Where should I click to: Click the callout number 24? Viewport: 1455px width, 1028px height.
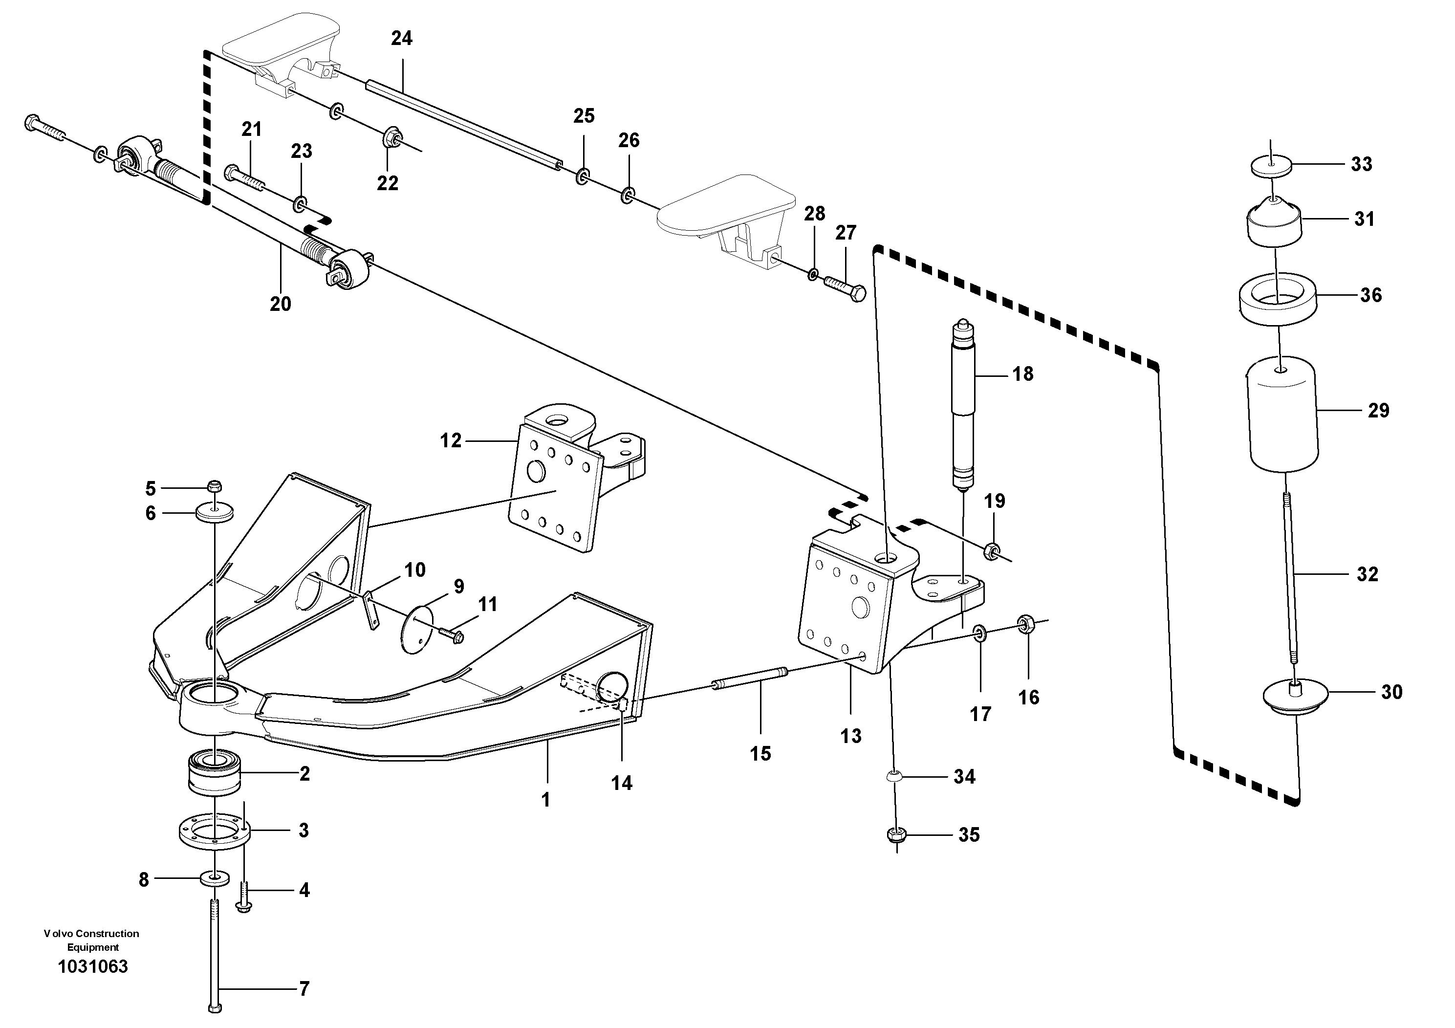401,39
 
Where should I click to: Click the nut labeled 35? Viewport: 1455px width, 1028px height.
895,835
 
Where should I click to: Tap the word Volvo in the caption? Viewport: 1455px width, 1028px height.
56,934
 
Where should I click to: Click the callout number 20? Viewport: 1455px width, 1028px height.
280,304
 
